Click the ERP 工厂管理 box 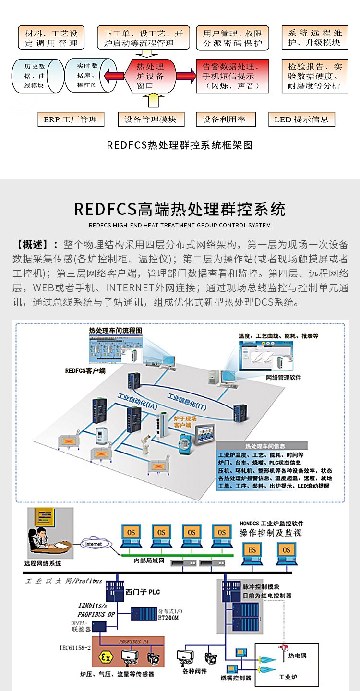pyautogui.click(x=71, y=119)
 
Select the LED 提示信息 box pyautogui.click(x=301, y=119)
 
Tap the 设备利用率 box pyautogui.click(x=226, y=119)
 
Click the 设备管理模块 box pyautogui.click(x=151, y=119)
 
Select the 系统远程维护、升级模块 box pyautogui.click(x=315, y=37)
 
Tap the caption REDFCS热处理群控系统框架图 pyautogui.click(x=180, y=145)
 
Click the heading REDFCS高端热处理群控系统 pyautogui.click(x=180, y=209)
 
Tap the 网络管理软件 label pyautogui.click(x=284, y=378)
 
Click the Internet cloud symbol pyautogui.click(x=94, y=544)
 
